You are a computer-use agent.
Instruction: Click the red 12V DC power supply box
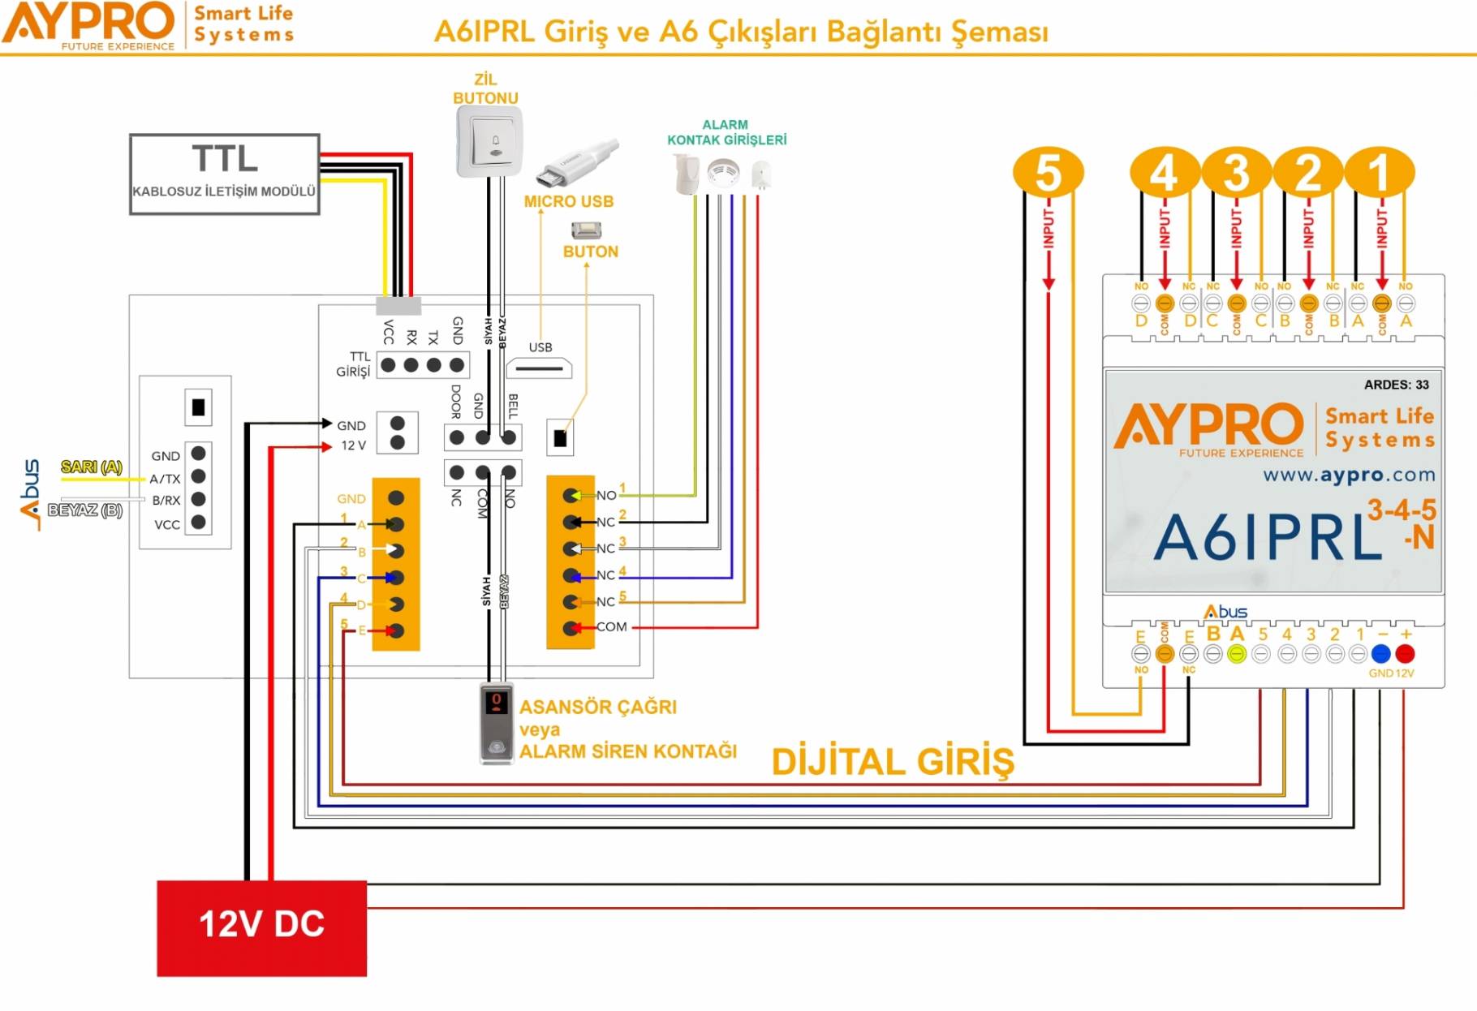point(261,927)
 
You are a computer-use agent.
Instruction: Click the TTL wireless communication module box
point(224,174)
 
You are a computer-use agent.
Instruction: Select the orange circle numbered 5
point(1048,172)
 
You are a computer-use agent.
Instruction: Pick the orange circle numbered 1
point(1380,172)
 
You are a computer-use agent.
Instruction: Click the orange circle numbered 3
point(1235,172)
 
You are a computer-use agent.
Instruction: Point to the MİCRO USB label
point(568,201)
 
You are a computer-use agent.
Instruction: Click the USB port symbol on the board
point(539,368)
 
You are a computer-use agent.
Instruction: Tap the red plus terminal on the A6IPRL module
point(1405,654)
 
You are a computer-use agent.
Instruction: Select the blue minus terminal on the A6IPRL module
point(1380,654)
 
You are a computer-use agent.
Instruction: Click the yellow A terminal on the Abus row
point(1236,654)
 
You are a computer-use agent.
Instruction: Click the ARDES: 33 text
point(1396,385)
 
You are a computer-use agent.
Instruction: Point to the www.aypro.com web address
point(1349,475)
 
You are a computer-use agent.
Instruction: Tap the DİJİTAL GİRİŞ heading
point(893,762)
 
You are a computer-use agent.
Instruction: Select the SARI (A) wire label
point(92,467)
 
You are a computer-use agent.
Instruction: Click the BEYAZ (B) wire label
point(85,510)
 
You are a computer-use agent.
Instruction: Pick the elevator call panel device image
point(496,723)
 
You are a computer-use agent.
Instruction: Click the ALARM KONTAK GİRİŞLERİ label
point(726,132)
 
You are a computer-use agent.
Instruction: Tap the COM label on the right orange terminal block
point(611,626)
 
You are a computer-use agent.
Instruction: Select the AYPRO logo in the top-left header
point(89,24)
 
